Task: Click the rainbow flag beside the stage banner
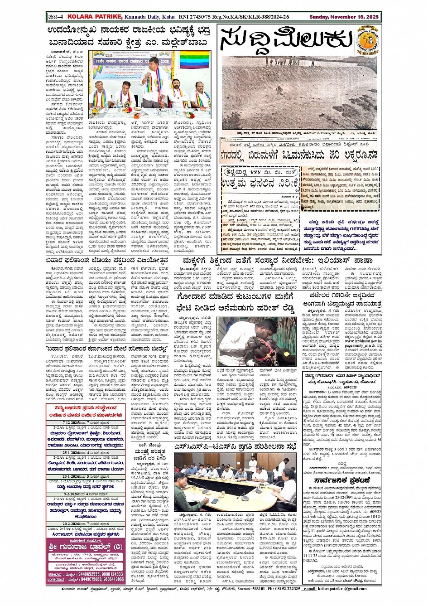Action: (202, 58)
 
